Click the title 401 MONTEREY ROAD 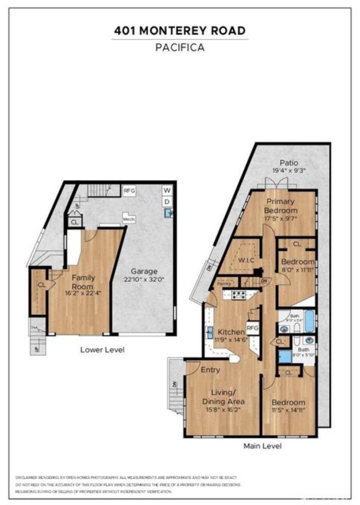point(180,31)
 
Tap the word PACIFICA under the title point(180,47)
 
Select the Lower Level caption point(102,349)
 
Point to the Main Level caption point(262,446)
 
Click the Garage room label point(144,271)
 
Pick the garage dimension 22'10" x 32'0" point(144,280)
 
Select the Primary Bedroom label point(281,206)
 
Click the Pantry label point(222,283)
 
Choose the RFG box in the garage point(129,190)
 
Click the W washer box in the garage point(167,190)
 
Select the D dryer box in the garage point(167,202)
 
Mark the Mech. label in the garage point(129,218)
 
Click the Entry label point(210,370)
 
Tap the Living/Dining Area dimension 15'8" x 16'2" point(223,410)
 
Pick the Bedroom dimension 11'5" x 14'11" point(289,411)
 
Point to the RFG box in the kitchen point(252,328)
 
